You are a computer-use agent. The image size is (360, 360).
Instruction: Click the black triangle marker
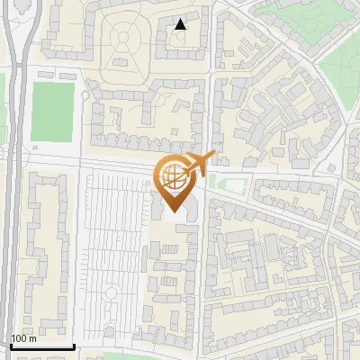point(180,24)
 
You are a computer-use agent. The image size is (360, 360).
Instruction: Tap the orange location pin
point(175,180)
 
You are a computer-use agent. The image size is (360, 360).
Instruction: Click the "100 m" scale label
point(23,338)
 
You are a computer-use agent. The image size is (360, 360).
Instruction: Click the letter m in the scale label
point(32,338)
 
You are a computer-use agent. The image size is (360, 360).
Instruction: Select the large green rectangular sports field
point(52,112)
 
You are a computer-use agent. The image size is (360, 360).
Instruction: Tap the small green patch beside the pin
point(229,187)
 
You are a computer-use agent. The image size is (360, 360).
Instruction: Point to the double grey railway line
point(11,180)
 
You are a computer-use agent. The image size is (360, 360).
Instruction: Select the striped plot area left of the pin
point(112,243)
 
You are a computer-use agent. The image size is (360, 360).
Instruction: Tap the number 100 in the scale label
point(19,338)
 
